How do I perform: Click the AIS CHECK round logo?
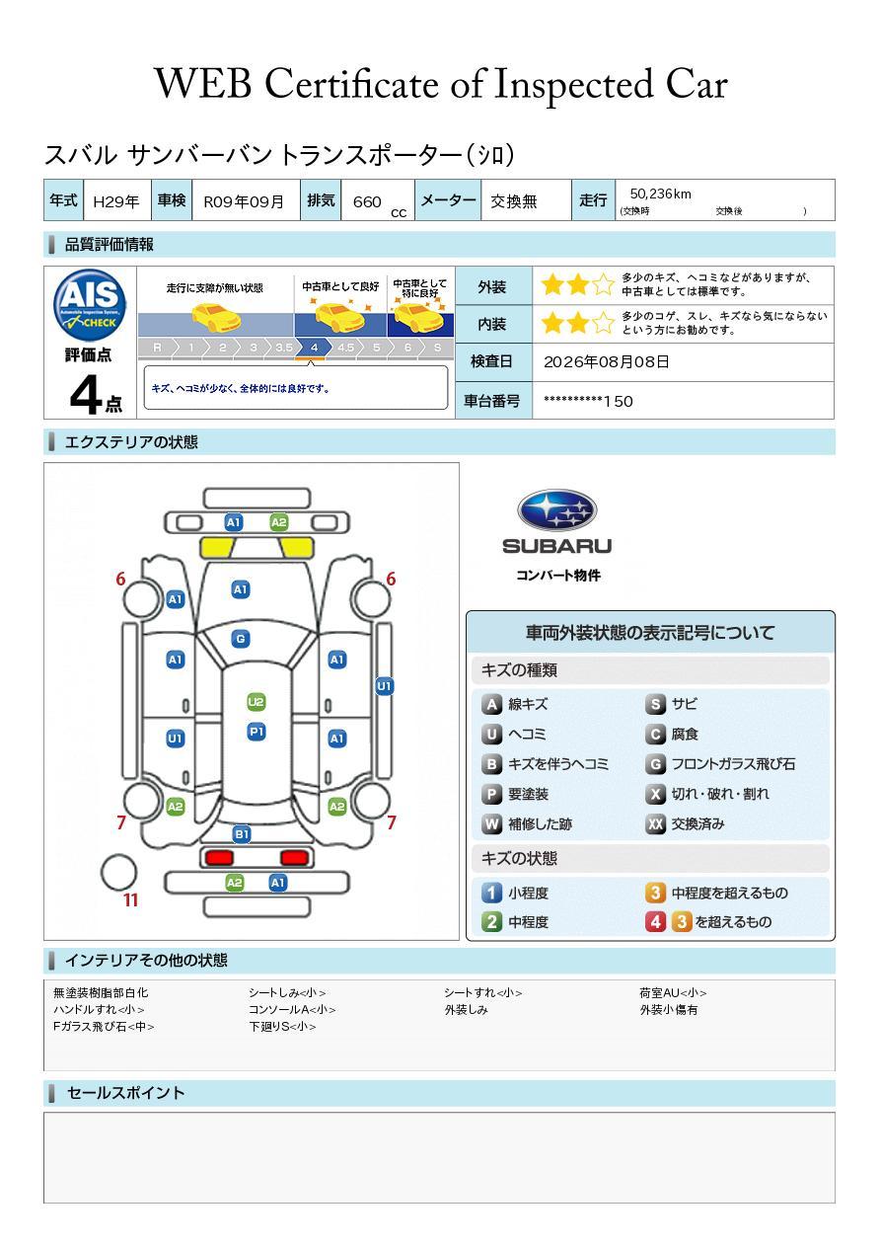(90, 306)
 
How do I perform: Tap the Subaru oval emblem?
(556, 509)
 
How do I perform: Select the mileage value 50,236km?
(660, 194)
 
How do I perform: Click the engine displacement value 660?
(367, 201)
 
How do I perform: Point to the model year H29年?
(116, 201)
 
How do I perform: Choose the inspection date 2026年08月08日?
(606, 361)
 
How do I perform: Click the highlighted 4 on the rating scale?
(314, 348)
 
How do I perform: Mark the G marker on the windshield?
(241, 639)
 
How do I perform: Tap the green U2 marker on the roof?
(256, 701)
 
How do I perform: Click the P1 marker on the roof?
(257, 731)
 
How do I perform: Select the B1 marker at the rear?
(242, 834)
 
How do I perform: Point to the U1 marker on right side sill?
(385, 686)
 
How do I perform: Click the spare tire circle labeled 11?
(118, 873)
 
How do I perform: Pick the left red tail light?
(219, 857)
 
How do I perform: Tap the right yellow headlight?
(295, 548)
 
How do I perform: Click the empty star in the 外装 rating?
(604, 284)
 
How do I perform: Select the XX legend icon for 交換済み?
(656, 823)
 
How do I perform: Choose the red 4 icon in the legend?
(655, 922)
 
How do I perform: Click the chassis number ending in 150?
(588, 401)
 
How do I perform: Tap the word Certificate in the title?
(351, 84)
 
